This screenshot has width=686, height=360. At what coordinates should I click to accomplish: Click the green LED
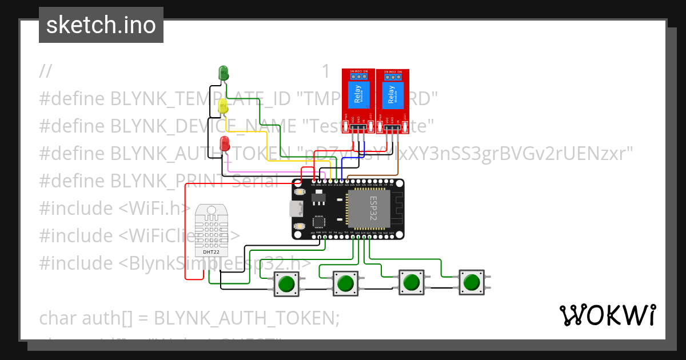tap(224, 73)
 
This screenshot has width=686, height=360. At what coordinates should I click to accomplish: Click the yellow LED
tap(224, 107)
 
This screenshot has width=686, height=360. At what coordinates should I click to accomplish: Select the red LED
tap(225, 143)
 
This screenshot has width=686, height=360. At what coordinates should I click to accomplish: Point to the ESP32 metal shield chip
tap(369, 209)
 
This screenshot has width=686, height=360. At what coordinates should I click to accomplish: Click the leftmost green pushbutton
tap(287, 283)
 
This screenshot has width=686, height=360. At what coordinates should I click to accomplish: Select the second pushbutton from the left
tap(345, 283)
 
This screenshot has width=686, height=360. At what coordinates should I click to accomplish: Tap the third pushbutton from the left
tap(410, 282)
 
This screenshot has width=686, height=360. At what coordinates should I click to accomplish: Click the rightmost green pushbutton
tap(471, 282)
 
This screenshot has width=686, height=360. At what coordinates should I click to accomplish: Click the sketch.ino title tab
tap(101, 25)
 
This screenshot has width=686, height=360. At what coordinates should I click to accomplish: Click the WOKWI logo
tap(607, 315)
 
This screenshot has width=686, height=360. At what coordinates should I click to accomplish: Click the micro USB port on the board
tap(295, 209)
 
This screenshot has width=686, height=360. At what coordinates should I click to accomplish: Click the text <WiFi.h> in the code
tap(151, 208)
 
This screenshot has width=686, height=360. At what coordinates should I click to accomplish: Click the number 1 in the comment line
tap(326, 71)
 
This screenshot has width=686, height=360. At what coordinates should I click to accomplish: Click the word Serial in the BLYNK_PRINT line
tap(256, 181)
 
